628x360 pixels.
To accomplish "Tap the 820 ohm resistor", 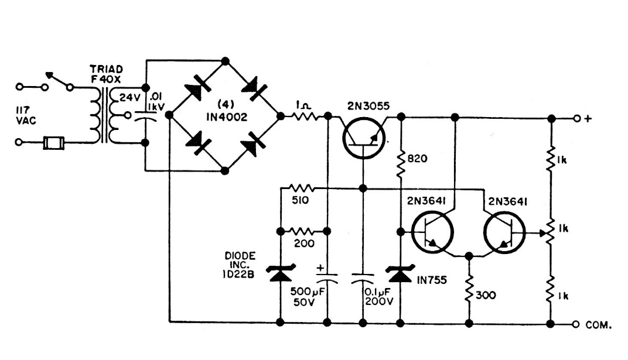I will pyautogui.click(x=401, y=164).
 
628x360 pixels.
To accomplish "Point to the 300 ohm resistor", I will pyautogui.click(x=469, y=292).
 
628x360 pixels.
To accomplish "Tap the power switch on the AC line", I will pyautogui.click(x=59, y=82).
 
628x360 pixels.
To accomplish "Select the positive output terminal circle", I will pyautogui.click(x=576, y=118).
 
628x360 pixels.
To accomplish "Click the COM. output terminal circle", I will pyautogui.click(x=576, y=323).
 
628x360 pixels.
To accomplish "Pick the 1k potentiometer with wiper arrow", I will pyautogui.click(x=551, y=230).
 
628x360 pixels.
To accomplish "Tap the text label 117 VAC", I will pyautogui.click(x=26, y=114).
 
